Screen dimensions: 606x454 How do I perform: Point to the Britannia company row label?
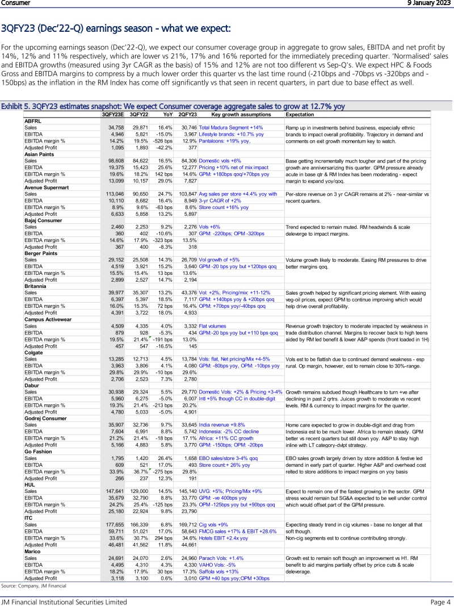click(36, 287)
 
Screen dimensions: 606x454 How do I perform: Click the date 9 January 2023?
click(428, 3)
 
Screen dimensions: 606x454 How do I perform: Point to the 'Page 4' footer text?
click(440, 601)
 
